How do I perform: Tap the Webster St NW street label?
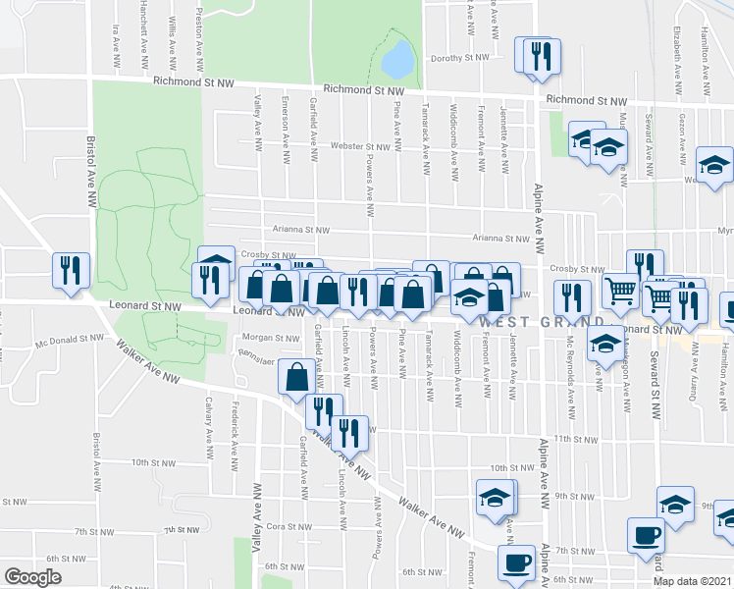(360, 146)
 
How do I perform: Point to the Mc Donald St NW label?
(69, 338)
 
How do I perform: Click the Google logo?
(32, 577)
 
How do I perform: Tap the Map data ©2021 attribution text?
(692, 581)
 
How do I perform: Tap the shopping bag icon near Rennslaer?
(296, 377)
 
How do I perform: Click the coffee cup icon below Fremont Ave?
(515, 563)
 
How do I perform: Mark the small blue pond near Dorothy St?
(396, 60)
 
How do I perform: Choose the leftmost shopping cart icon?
(619, 292)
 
